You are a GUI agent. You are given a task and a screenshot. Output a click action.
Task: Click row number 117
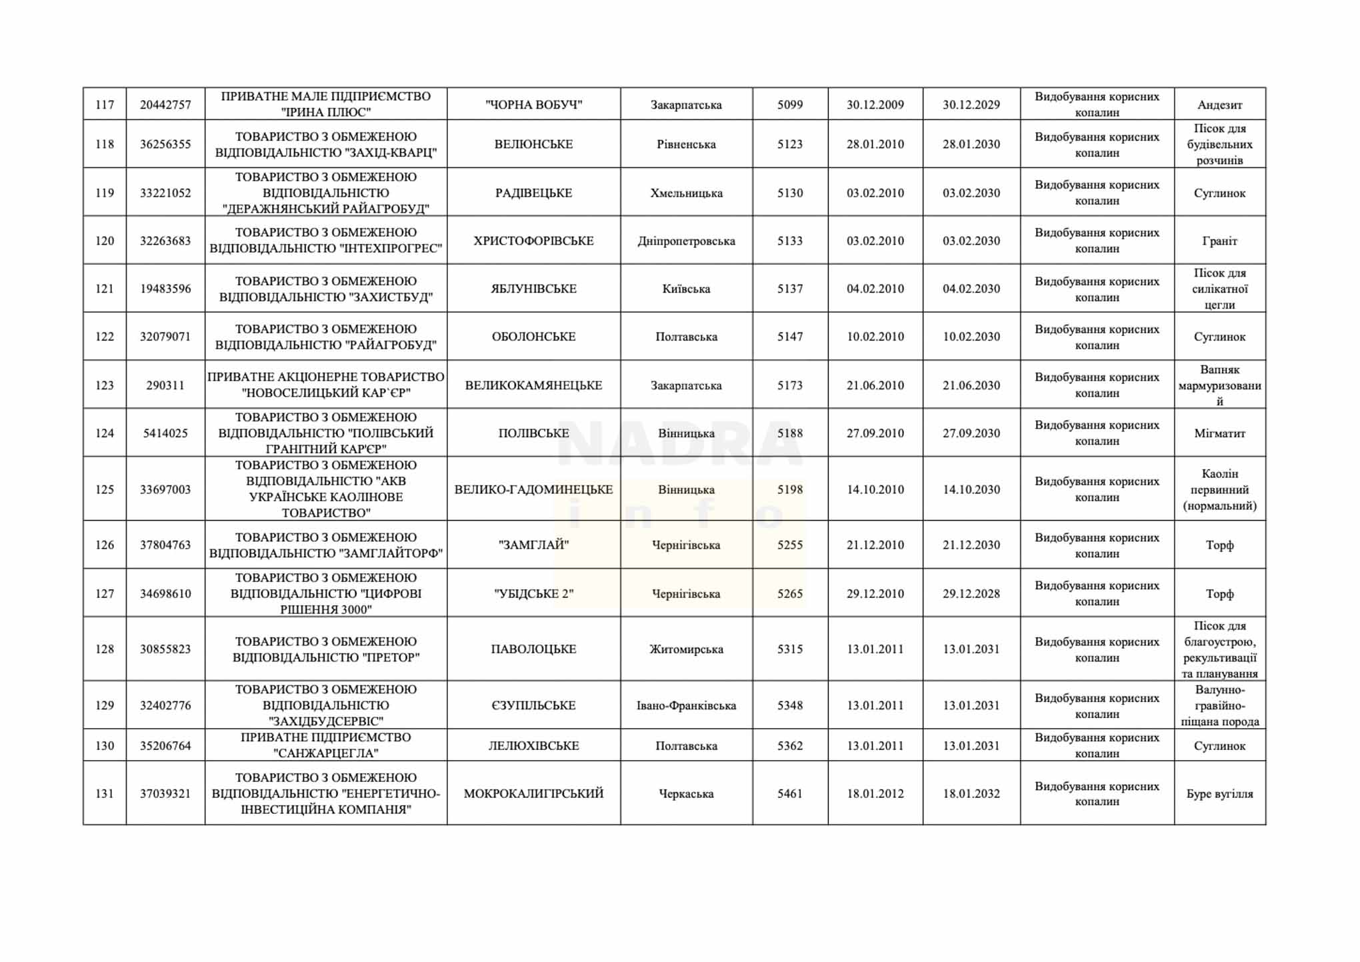(x=105, y=105)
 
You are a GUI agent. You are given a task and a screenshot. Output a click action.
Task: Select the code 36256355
(x=165, y=144)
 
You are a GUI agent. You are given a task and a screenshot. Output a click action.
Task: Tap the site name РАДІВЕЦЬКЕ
(x=533, y=193)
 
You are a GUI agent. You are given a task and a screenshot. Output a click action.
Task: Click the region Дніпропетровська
(x=686, y=241)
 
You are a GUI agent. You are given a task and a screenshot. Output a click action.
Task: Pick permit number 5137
(x=790, y=289)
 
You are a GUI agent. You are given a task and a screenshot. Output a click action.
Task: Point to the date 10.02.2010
(x=875, y=337)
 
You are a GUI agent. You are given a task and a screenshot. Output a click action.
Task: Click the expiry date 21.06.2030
(x=971, y=385)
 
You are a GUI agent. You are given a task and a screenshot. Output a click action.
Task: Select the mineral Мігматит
(x=1219, y=433)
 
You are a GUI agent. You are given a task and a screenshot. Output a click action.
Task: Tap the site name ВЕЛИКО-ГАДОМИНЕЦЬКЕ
(x=533, y=489)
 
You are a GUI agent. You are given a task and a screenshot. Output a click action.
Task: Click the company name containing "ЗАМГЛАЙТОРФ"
(x=326, y=545)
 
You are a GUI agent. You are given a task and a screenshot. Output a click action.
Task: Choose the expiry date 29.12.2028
(x=971, y=593)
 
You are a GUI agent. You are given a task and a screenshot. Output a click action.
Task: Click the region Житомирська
(x=686, y=649)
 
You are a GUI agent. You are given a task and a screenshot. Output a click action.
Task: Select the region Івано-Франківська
(x=686, y=705)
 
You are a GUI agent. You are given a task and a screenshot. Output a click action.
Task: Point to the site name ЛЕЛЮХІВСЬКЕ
(x=533, y=745)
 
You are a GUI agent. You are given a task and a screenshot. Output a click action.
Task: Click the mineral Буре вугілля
(x=1219, y=794)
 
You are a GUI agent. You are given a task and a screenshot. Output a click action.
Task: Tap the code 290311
(x=165, y=385)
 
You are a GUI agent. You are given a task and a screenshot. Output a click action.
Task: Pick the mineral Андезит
(x=1219, y=105)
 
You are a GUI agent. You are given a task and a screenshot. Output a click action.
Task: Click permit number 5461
(x=790, y=794)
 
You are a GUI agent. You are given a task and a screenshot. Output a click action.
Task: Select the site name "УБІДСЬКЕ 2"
(x=533, y=593)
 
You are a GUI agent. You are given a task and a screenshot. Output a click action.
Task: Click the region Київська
(x=686, y=289)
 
